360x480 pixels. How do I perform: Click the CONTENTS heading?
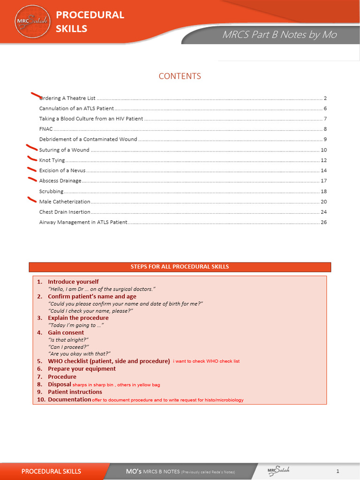pos(180,76)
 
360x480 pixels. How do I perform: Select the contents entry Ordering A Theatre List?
pos(67,98)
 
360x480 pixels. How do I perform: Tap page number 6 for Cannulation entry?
pos(325,109)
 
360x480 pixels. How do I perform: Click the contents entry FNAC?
pos(45,129)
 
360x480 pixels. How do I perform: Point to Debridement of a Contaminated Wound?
pos(88,139)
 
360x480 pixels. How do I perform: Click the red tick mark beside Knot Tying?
pos(32,158)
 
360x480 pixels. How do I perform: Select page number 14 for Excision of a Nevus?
pos(323,171)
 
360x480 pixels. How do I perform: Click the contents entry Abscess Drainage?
pos(60,181)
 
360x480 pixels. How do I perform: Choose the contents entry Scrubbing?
pos(51,191)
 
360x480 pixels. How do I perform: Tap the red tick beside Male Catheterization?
pos(32,200)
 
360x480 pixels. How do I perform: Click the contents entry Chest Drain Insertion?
pos(65,212)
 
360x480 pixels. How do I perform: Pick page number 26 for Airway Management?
pos(323,222)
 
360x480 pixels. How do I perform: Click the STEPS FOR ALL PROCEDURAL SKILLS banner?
pos(180,267)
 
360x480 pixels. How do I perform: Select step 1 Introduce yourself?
pos(73,282)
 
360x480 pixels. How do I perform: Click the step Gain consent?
pos(66,332)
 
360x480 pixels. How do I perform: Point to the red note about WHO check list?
pos(206,361)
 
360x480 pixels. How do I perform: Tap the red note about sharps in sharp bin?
pos(116,385)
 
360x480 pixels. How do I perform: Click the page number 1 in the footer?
pos(337,471)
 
